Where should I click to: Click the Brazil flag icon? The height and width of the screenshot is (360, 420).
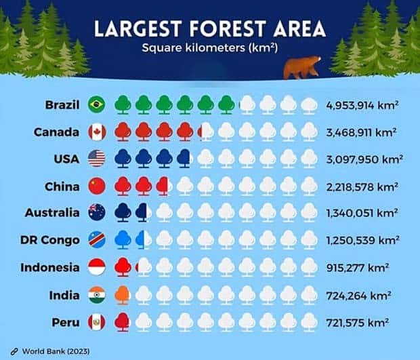[x=97, y=104]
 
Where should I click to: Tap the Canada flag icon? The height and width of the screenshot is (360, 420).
[x=97, y=132]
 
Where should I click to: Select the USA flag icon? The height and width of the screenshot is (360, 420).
[x=97, y=159]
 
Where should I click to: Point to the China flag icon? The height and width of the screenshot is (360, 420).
[x=97, y=186]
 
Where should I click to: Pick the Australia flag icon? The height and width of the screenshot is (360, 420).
[x=97, y=213]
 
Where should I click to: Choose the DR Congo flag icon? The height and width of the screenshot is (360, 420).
[x=97, y=240]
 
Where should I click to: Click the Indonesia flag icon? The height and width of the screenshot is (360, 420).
[x=97, y=267]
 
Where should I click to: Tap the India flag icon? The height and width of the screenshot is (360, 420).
[x=97, y=295]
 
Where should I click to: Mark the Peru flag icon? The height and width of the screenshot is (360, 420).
[x=97, y=321]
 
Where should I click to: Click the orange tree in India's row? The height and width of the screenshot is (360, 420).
[x=123, y=295]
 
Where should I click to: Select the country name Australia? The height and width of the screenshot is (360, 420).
[x=52, y=213]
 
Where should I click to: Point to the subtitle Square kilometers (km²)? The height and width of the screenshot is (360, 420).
[x=209, y=48]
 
